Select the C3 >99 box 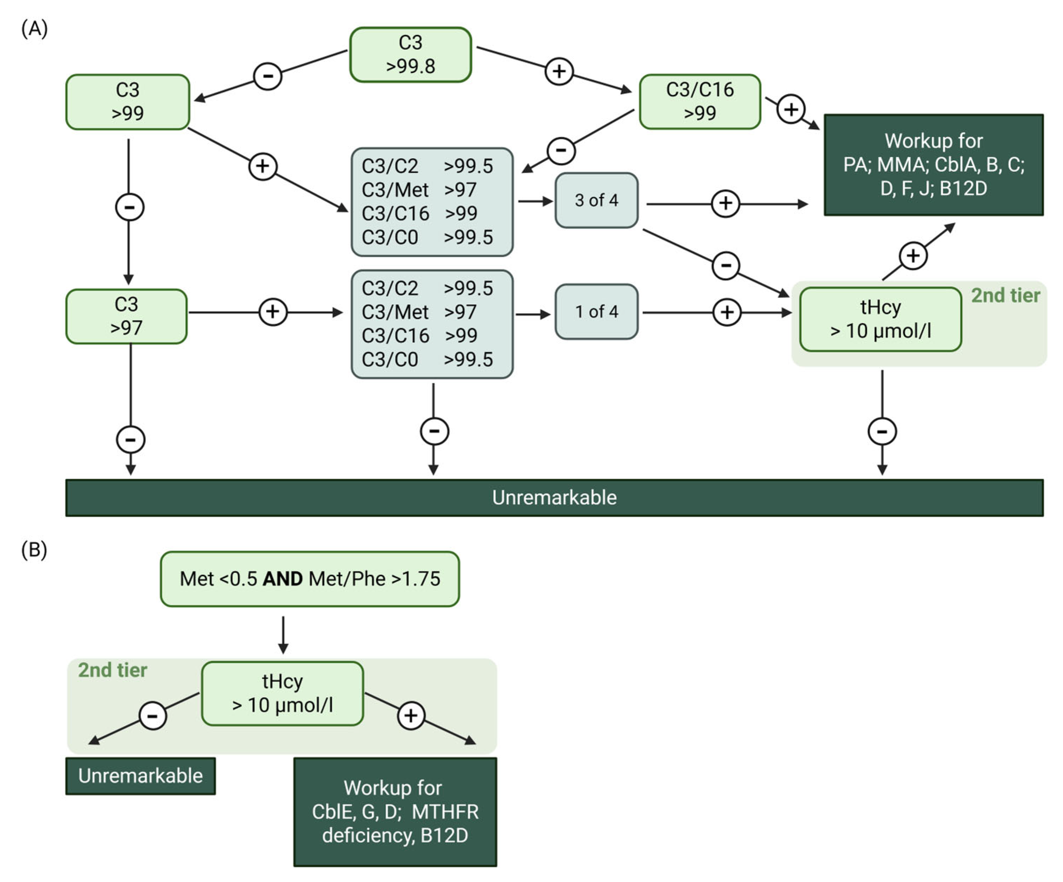[x=128, y=102]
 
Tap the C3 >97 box [x=127, y=316]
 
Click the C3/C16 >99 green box [x=700, y=102]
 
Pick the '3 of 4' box [x=596, y=201]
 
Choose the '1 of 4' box [x=596, y=312]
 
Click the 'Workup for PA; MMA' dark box [x=933, y=165]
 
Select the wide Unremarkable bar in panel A [x=554, y=498]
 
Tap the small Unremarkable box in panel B [x=140, y=776]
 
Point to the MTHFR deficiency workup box [x=395, y=812]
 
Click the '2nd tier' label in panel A [x=1005, y=296]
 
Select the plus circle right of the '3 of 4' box [x=725, y=203]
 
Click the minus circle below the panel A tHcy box [x=882, y=432]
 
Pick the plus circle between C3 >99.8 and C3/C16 [x=559, y=71]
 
